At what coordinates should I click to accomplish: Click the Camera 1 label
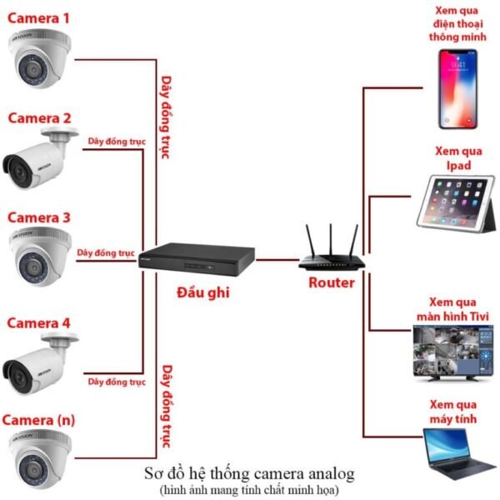(38, 18)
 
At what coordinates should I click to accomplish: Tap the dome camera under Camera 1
(39, 58)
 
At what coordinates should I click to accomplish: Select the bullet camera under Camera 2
(40, 158)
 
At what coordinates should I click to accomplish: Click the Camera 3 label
(38, 217)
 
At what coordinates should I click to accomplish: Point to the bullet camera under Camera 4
(40, 363)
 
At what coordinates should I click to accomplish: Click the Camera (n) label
(38, 420)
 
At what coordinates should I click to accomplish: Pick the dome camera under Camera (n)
(40, 459)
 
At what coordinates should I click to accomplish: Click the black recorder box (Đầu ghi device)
(197, 259)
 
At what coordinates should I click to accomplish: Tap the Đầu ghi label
(203, 292)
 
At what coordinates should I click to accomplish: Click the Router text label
(332, 282)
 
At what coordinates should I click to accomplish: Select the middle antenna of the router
(331, 240)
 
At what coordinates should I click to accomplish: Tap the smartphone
(457, 89)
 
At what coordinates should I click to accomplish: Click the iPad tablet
(456, 202)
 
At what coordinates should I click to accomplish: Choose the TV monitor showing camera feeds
(452, 353)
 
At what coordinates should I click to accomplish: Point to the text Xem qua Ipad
(458, 158)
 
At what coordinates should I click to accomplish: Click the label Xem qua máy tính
(453, 412)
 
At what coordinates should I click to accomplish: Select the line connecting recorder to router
(277, 260)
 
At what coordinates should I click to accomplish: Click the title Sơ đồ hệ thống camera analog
(249, 473)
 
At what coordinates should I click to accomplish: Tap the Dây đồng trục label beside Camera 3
(106, 252)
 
